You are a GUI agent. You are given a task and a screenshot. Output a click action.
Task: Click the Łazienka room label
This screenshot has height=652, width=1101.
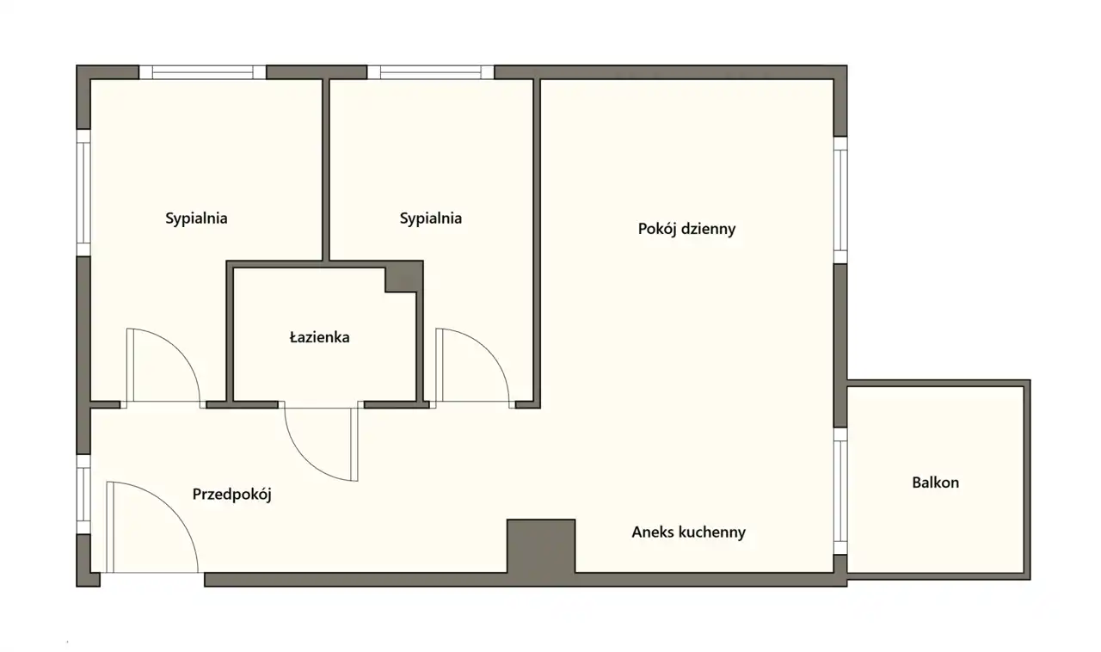[x=319, y=337]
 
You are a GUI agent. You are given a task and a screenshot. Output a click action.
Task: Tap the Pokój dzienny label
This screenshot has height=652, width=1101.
[x=686, y=229]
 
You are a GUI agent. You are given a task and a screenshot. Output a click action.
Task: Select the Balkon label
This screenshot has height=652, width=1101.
[x=935, y=483]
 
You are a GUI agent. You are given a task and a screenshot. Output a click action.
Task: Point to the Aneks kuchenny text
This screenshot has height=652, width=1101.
[x=689, y=532]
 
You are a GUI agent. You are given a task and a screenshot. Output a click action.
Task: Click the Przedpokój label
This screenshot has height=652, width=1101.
[x=231, y=495]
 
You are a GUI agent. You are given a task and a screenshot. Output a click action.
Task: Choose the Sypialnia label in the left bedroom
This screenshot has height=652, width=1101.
[x=196, y=218]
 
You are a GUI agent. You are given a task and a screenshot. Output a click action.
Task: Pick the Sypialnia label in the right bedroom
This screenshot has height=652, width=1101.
[x=431, y=218]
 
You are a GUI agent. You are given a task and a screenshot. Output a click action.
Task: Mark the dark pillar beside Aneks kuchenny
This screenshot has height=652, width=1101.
[x=541, y=546]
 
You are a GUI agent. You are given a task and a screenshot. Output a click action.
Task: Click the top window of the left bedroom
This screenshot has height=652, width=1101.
[x=202, y=72]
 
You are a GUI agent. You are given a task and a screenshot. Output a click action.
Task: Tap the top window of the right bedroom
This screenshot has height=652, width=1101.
[x=431, y=72]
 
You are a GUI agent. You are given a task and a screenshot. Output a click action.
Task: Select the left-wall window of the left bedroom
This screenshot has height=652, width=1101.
[x=83, y=193]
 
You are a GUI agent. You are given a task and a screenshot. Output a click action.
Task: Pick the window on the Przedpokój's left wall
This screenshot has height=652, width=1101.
[x=83, y=495]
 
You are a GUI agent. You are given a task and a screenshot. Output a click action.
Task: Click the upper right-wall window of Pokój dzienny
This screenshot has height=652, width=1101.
[x=840, y=200]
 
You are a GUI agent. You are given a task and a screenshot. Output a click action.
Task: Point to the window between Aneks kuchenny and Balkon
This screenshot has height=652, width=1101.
[x=840, y=491]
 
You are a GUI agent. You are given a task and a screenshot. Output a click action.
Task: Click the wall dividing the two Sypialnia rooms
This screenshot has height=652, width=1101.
[x=325, y=169]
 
